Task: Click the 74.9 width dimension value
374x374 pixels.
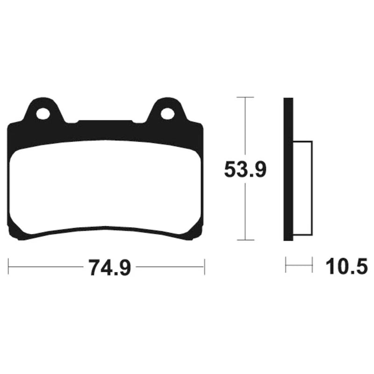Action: point(109,267)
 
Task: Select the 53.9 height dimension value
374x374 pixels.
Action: point(245,169)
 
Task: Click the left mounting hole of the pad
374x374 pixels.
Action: point(43,114)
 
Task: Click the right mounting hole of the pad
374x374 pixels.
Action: point(167,114)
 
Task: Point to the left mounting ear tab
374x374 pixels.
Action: point(43,110)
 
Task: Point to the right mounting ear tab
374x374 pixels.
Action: point(167,110)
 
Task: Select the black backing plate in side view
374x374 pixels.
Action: point(288,169)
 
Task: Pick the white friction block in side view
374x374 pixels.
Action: point(302,188)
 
